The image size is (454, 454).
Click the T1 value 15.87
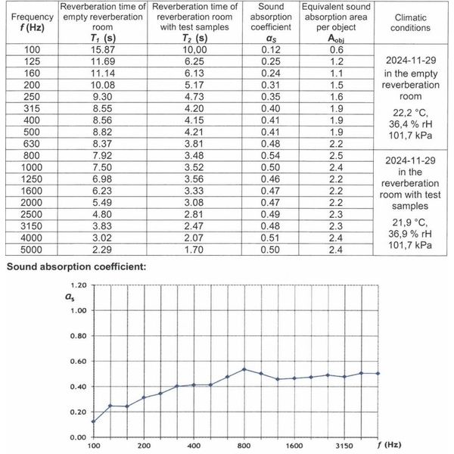(x=90, y=49)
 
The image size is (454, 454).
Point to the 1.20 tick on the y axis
(x=78, y=285)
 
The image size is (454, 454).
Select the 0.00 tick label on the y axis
(x=78, y=437)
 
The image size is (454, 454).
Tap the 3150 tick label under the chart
(x=344, y=446)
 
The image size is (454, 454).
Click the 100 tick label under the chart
(x=94, y=446)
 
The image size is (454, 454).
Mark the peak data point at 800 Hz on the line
(x=244, y=369)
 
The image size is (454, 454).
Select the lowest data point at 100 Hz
(x=94, y=421)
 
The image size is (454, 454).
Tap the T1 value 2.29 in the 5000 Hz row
(x=90, y=250)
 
